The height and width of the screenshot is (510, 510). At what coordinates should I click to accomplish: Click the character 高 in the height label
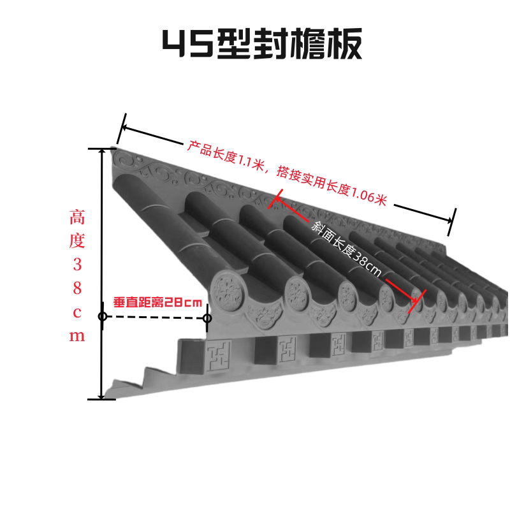[77, 218]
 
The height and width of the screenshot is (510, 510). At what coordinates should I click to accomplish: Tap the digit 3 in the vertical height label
[77, 264]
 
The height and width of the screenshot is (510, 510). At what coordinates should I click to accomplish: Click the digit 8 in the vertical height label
[77, 288]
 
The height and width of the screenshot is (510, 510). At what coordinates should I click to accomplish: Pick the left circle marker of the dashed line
[102, 317]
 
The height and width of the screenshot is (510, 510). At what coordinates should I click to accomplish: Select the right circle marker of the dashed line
[207, 317]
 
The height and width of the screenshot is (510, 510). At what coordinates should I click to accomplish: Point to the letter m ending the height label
[77, 336]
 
